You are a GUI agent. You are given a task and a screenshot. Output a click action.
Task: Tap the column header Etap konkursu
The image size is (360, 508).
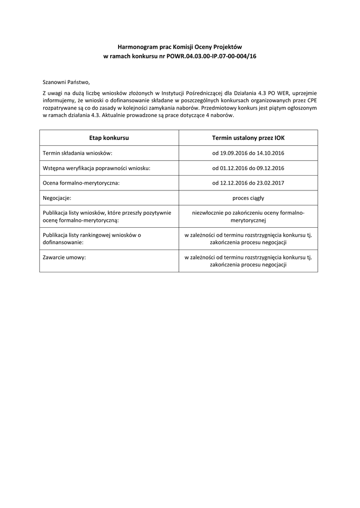tap(109, 138)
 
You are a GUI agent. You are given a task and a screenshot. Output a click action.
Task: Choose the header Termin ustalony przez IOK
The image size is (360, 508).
tap(248, 138)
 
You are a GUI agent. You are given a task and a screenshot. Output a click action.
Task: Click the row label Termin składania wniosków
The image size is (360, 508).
tap(78, 153)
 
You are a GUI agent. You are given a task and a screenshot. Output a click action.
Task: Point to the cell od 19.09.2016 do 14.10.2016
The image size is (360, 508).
tap(248, 153)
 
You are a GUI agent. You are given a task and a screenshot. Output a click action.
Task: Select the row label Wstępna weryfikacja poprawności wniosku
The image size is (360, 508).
tap(96, 168)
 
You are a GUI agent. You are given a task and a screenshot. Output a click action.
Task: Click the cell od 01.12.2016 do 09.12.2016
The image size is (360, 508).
tap(248, 168)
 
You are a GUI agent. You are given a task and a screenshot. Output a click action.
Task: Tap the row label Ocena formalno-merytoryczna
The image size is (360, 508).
tap(81, 183)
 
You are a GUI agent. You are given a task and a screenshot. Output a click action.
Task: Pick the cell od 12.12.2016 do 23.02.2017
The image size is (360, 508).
tap(248, 183)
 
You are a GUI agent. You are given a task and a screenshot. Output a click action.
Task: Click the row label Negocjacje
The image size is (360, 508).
tap(57, 198)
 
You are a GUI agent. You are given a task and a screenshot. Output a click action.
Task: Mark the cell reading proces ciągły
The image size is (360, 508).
tap(248, 198)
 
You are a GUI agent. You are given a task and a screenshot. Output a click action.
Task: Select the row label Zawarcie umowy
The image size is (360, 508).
tap(65, 257)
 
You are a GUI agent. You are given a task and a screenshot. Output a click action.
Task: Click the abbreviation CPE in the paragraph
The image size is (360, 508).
tap(312, 100)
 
